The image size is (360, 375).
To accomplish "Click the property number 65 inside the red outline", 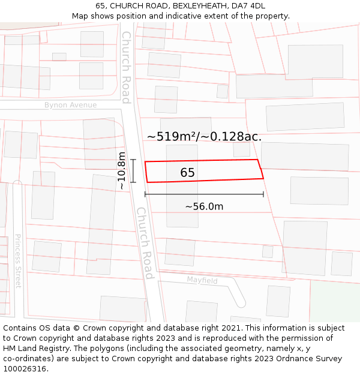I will point(187,173).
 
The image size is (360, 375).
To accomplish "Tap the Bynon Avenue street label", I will point(70,105).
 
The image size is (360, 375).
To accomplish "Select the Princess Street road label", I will point(17,260).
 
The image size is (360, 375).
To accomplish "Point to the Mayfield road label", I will point(202,280).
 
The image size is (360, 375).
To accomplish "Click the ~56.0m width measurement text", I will point(204,206).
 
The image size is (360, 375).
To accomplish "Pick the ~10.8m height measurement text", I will point(122,171).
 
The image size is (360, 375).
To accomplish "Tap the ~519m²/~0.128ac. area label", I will point(204,136).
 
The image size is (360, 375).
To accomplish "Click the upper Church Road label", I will point(126,67).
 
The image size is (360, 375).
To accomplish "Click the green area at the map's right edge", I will point(334,300).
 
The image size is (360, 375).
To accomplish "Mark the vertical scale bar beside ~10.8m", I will point(133,171).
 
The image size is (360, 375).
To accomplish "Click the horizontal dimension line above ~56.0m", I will point(204,194).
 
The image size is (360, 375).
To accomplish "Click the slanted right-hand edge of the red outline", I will point(260,169).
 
